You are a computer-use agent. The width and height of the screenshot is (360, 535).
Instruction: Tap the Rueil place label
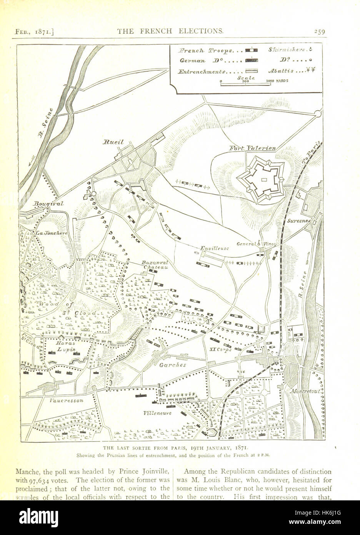tap(113, 142)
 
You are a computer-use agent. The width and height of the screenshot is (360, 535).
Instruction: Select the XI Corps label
tap(220, 350)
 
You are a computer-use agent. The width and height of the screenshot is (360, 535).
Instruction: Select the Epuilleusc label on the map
tap(215, 248)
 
